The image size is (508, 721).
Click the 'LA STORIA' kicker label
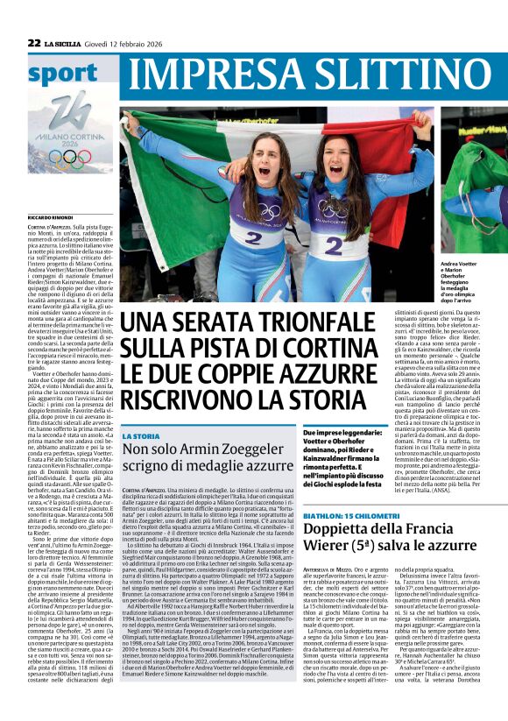coord(141,436)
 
